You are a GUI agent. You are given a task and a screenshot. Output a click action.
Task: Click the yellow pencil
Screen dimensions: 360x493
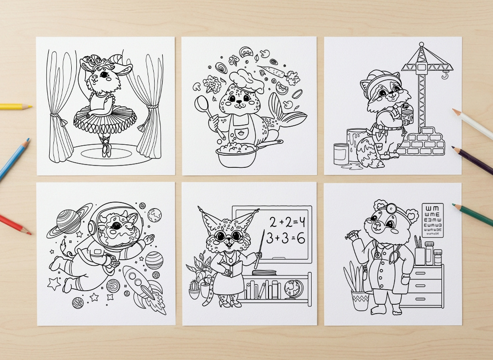coord(14,107)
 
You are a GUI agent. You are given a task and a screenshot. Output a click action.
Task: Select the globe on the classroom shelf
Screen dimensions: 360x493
coord(295,287)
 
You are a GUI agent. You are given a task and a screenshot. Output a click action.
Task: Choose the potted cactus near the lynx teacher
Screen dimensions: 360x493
coord(194,290)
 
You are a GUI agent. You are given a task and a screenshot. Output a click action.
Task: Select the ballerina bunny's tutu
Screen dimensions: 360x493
coord(105,119)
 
